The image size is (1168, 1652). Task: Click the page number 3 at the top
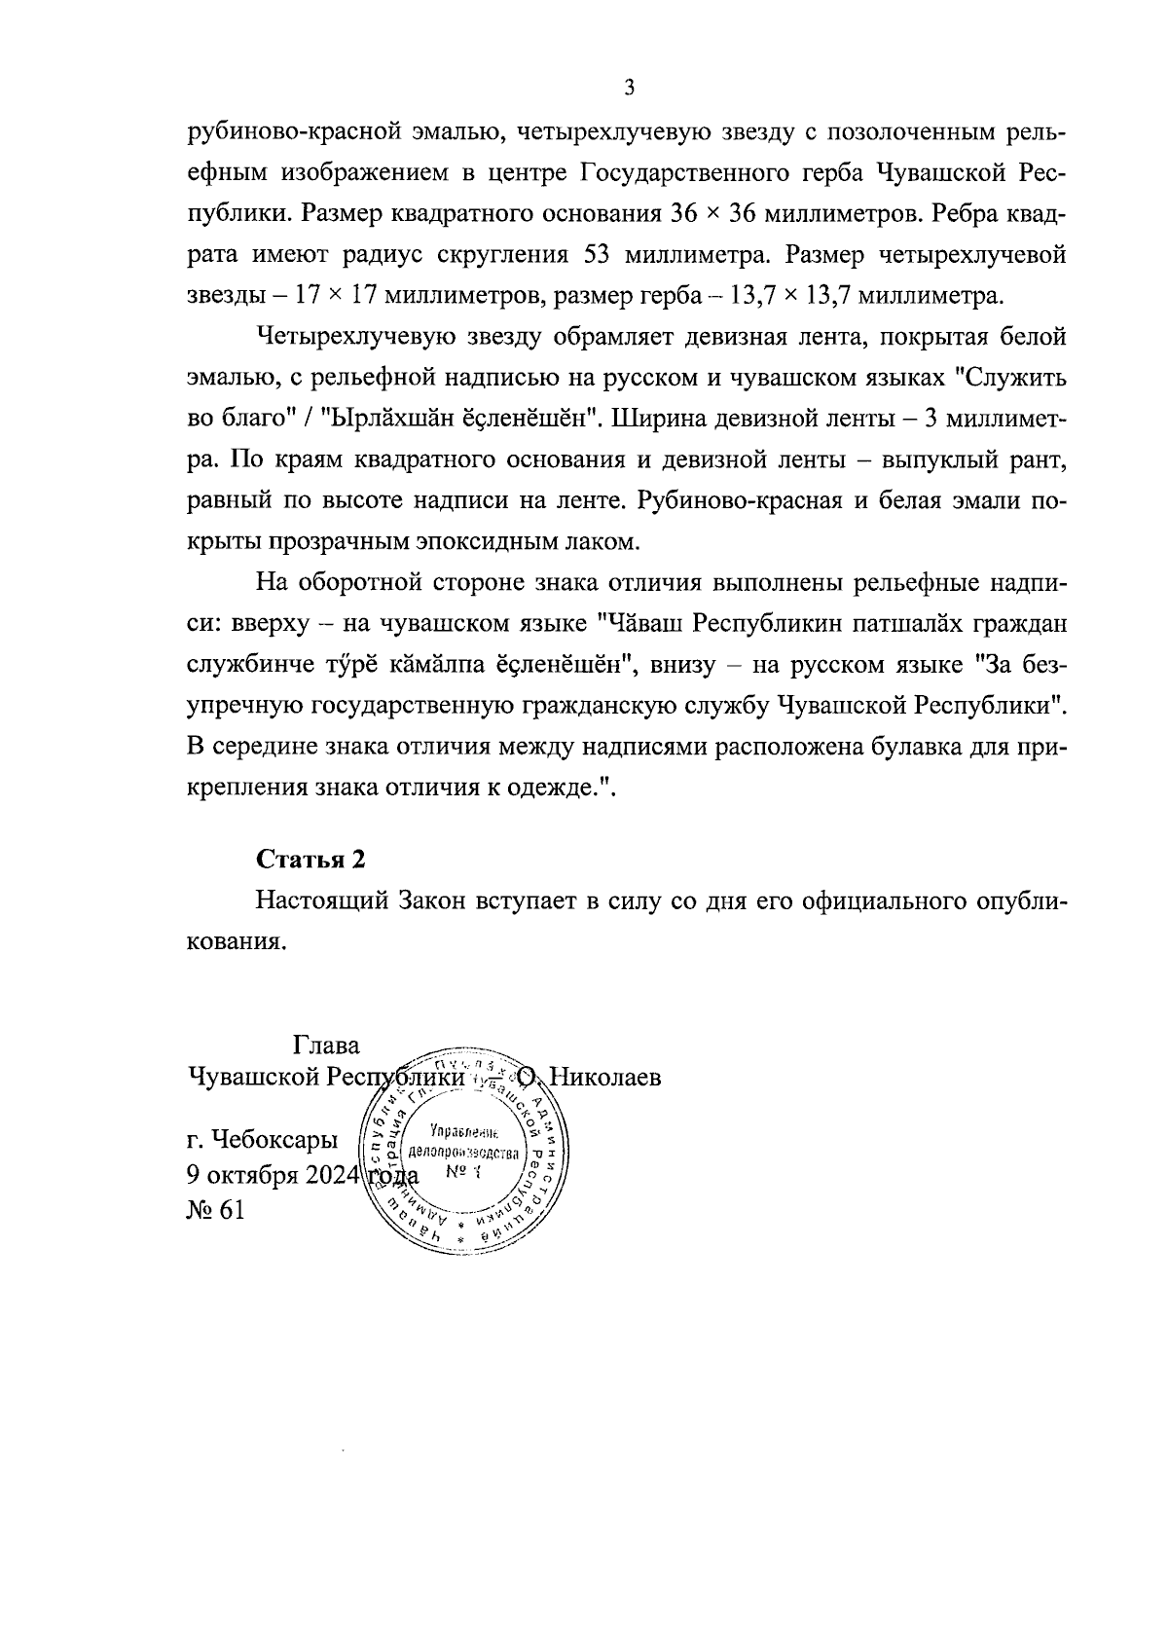click(x=629, y=89)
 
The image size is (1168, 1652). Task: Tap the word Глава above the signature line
click(x=326, y=1046)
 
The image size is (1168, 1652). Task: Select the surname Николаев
click(x=605, y=1078)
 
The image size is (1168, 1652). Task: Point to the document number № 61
click(x=216, y=1210)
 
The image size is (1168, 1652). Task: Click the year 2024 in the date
click(x=334, y=1174)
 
